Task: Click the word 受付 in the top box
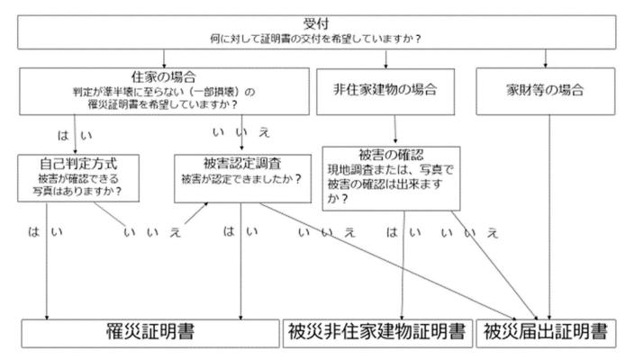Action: click(x=313, y=21)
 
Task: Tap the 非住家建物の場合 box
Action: click(x=385, y=90)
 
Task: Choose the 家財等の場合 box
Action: click(x=546, y=90)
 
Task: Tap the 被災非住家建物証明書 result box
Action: click(x=376, y=332)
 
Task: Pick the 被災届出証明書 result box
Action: click(x=546, y=332)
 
